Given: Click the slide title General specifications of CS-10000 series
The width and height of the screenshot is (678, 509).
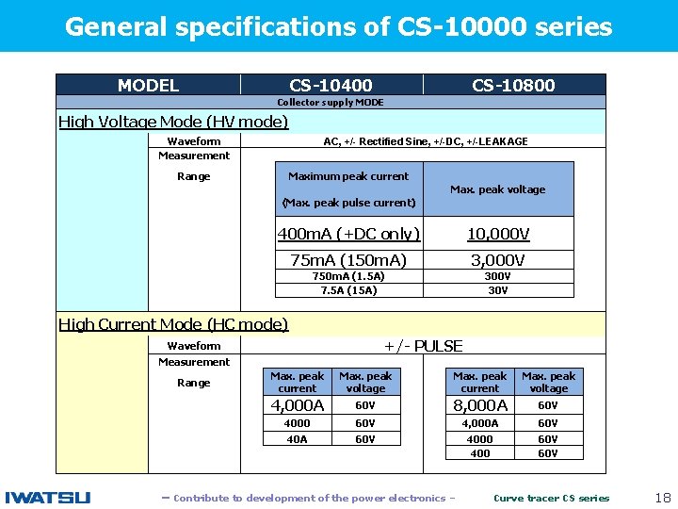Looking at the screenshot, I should (x=338, y=26).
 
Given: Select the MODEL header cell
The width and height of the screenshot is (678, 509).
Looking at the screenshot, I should (x=148, y=86).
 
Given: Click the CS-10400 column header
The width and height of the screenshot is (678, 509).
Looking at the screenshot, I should (x=331, y=86).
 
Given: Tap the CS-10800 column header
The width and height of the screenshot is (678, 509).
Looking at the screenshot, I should (x=513, y=86).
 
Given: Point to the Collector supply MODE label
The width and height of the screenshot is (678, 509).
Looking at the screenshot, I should (x=331, y=103).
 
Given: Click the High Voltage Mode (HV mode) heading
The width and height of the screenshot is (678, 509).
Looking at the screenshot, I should (x=173, y=122).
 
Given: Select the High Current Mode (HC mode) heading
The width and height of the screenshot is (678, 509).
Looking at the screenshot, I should (x=173, y=324).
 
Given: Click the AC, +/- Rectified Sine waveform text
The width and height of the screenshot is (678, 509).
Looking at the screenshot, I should (x=425, y=141).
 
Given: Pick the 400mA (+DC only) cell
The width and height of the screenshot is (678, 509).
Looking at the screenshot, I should (x=348, y=234).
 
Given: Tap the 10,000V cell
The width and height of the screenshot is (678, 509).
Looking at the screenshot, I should (x=498, y=234).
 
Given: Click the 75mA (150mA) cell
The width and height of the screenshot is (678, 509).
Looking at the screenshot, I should (x=348, y=260).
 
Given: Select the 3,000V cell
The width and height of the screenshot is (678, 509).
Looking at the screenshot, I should (x=498, y=260).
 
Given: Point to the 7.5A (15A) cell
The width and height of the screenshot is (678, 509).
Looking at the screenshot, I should (x=348, y=290).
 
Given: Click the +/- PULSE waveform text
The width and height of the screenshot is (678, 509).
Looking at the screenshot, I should (x=422, y=346).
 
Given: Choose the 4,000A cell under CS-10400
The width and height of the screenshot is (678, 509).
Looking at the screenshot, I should (x=298, y=405).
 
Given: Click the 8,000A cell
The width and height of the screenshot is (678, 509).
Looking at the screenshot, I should (x=480, y=405).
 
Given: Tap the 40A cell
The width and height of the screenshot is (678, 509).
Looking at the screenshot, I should (x=298, y=438).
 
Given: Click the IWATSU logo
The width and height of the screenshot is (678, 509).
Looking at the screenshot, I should (x=48, y=498).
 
